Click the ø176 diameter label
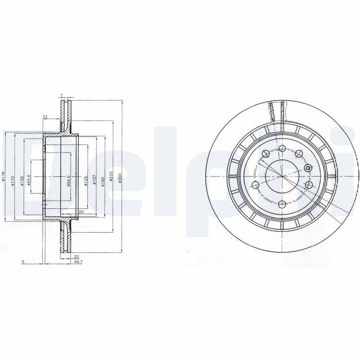[4, 176]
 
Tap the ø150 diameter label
[22, 182]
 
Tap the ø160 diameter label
[103, 181]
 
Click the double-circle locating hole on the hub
[308, 168]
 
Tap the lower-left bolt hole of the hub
[256, 184]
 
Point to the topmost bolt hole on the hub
[282, 148]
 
